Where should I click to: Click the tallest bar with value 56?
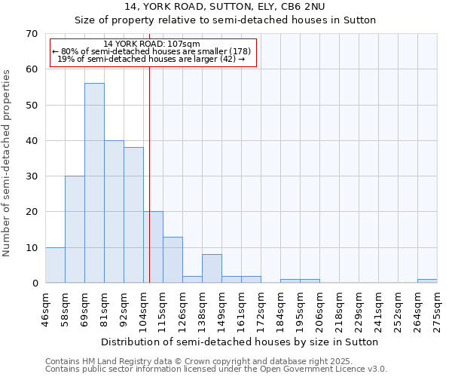[94, 183]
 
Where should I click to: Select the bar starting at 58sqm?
[75, 229]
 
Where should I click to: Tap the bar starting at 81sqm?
[114, 212]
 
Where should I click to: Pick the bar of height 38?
[133, 215]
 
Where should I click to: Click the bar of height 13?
[173, 260]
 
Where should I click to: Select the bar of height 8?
[212, 269]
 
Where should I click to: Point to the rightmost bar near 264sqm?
[427, 281]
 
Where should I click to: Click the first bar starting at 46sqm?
[55, 265]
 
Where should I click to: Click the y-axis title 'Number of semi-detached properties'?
[7, 163]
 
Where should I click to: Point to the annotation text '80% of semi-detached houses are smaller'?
[151, 51]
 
